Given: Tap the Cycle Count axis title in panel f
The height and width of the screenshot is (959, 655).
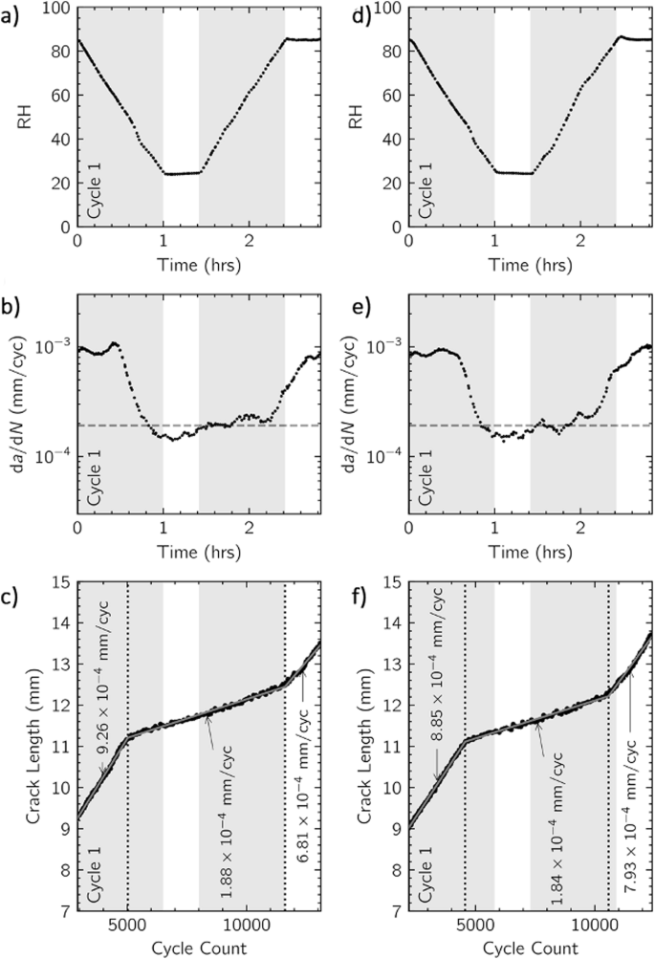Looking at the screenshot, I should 531,948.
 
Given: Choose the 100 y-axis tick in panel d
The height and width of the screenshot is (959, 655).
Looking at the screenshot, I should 386,9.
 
